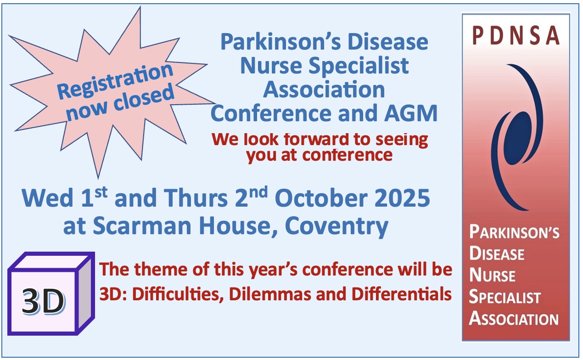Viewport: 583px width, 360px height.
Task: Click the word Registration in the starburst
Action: pyautogui.click(x=115, y=81)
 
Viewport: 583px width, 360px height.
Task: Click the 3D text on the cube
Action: pyautogui.click(x=43, y=301)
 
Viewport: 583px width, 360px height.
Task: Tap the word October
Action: pyautogui.click(x=321, y=198)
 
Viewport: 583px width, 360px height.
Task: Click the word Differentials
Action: pyautogui.click(x=402, y=294)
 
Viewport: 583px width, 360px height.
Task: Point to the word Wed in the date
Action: pyautogui.click(x=48, y=198)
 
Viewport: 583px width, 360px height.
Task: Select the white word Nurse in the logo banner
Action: pyautogui.click(x=492, y=276)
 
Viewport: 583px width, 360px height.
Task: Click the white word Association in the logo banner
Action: pyautogui.click(x=514, y=319)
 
